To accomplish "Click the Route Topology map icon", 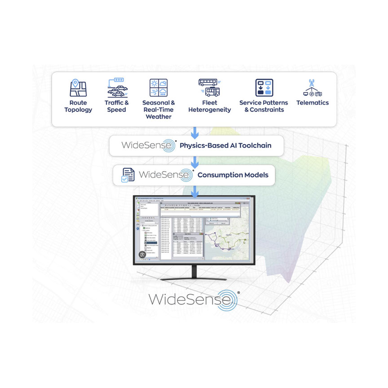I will click(78, 88).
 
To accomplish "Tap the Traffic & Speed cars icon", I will click(117, 88).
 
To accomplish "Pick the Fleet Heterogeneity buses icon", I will click(209, 88).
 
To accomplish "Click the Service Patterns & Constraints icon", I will click(264, 88).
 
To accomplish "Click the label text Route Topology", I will click(78, 106).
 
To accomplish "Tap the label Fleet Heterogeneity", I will click(209, 106).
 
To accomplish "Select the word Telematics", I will click(313, 102).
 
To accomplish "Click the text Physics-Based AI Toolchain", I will click(225, 145).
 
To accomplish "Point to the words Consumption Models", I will click(233, 175).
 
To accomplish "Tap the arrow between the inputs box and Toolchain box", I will click(195, 132).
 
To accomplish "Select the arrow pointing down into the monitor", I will click(195, 191).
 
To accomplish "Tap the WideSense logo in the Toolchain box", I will click(147, 146).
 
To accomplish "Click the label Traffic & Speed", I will click(117, 106).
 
